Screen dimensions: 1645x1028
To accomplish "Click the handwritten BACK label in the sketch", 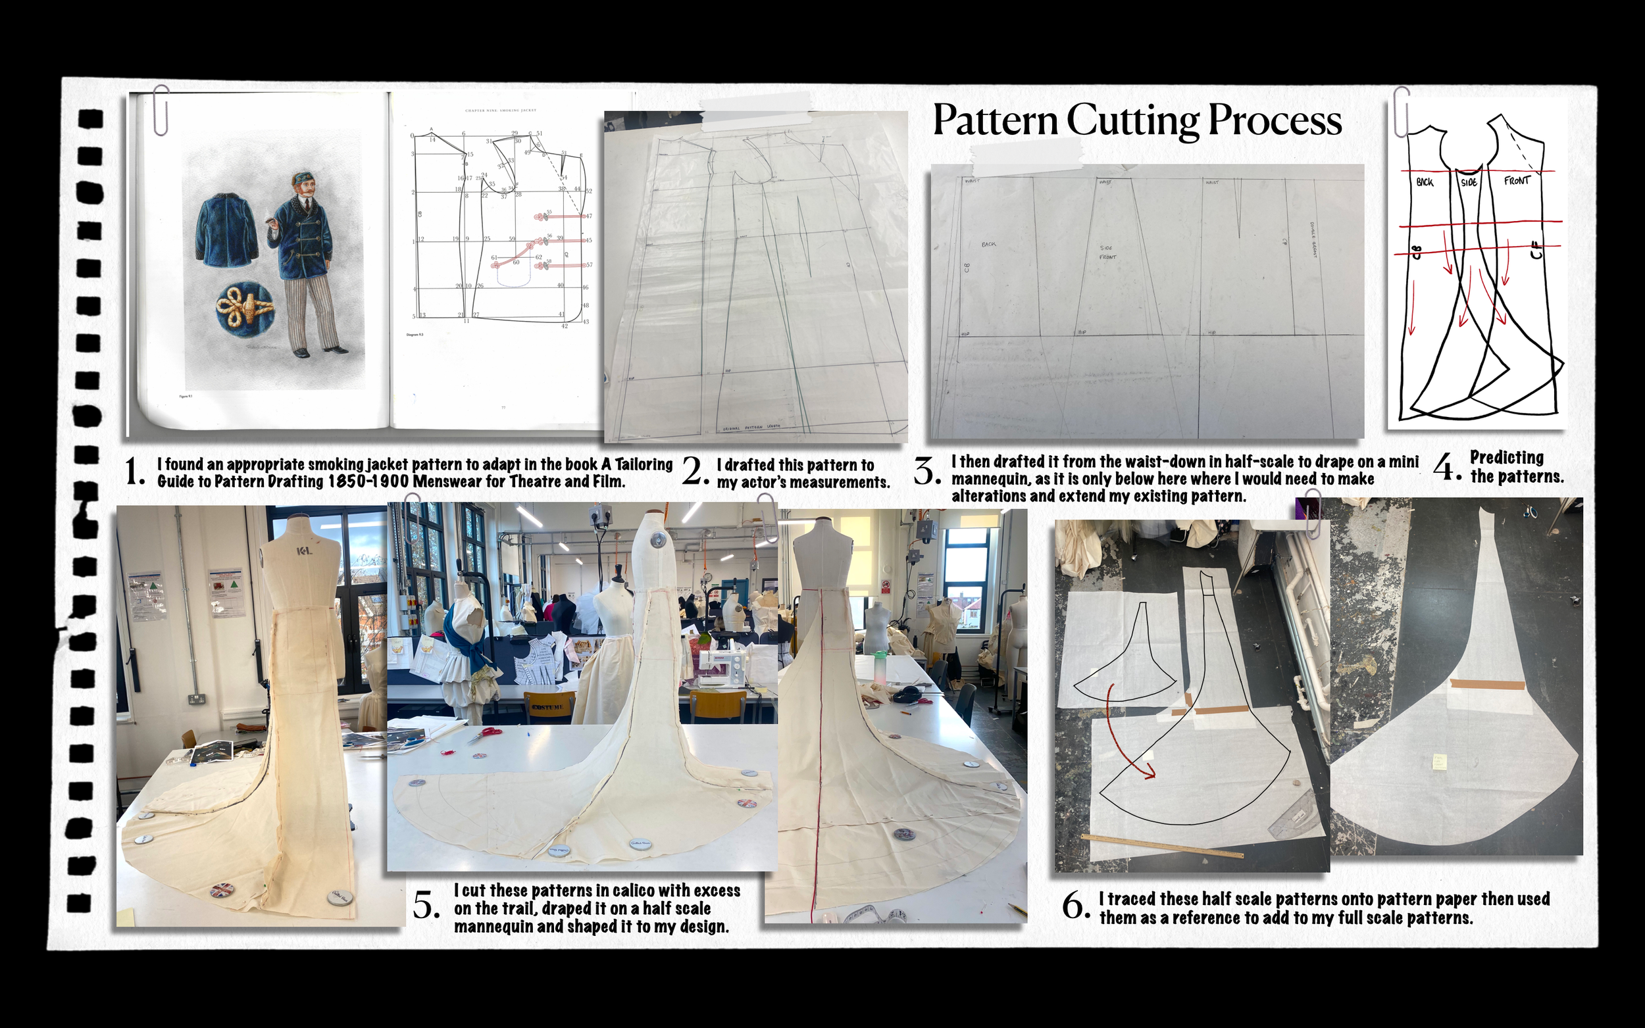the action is (1425, 182).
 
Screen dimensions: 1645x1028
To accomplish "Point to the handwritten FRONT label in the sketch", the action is (1517, 181).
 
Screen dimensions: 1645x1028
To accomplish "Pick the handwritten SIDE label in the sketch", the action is (1469, 182).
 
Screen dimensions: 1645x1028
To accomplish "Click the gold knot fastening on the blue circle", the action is (245, 306).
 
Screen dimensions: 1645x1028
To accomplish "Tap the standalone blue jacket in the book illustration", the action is (226, 226).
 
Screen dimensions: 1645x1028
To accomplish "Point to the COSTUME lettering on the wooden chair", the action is (547, 706).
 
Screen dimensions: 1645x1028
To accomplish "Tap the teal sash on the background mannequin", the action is (466, 636).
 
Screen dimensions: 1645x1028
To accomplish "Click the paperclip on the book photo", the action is (161, 110).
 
